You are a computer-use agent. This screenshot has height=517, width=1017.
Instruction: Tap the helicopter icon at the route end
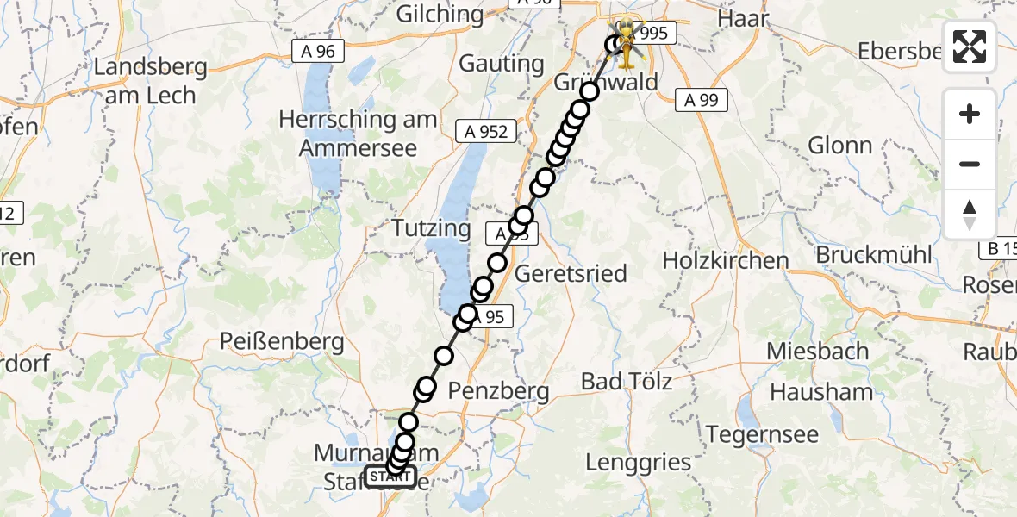point(628,43)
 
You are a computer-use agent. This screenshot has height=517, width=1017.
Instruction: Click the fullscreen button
point(970,47)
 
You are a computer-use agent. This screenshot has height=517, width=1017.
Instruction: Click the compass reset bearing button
point(970,215)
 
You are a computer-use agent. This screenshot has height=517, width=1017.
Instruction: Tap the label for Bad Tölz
point(627,380)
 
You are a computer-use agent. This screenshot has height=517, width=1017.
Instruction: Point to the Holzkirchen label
point(726,260)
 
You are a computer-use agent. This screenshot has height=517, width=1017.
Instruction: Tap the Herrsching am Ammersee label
point(358,133)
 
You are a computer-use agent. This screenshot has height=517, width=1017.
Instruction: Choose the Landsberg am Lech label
point(152,81)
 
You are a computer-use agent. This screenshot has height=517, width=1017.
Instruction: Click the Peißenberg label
point(282,341)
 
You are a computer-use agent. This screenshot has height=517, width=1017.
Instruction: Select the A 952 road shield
point(487,131)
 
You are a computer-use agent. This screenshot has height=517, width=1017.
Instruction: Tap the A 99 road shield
point(701,100)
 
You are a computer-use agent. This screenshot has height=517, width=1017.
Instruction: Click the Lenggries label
point(639,462)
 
